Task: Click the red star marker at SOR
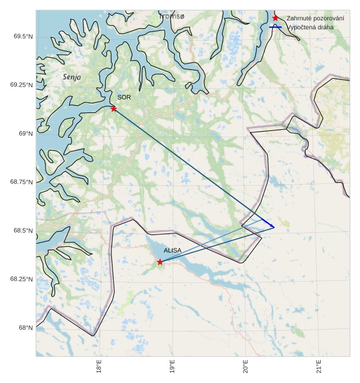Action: (x=114, y=109)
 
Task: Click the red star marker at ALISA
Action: (x=160, y=262)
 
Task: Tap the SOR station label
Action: (x=124, y=97)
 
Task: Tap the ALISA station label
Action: (x=173, y=250)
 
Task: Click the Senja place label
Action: (x=72, y=77)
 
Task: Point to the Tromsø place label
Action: (x=172, y=16)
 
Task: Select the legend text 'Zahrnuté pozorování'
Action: (x=315, y=19)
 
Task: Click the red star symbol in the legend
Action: (x=275, y=18)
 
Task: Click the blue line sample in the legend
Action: (x=275, y=27)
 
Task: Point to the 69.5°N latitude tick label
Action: (x=22, y=37)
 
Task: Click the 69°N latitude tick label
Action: (x=26, y=134)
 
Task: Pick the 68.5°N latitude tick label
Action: (x=22, y=231)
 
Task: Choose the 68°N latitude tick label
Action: (x=26, y=328)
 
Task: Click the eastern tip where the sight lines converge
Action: (x=274, y=227)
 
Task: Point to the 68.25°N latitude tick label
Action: (x=21, y=280)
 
